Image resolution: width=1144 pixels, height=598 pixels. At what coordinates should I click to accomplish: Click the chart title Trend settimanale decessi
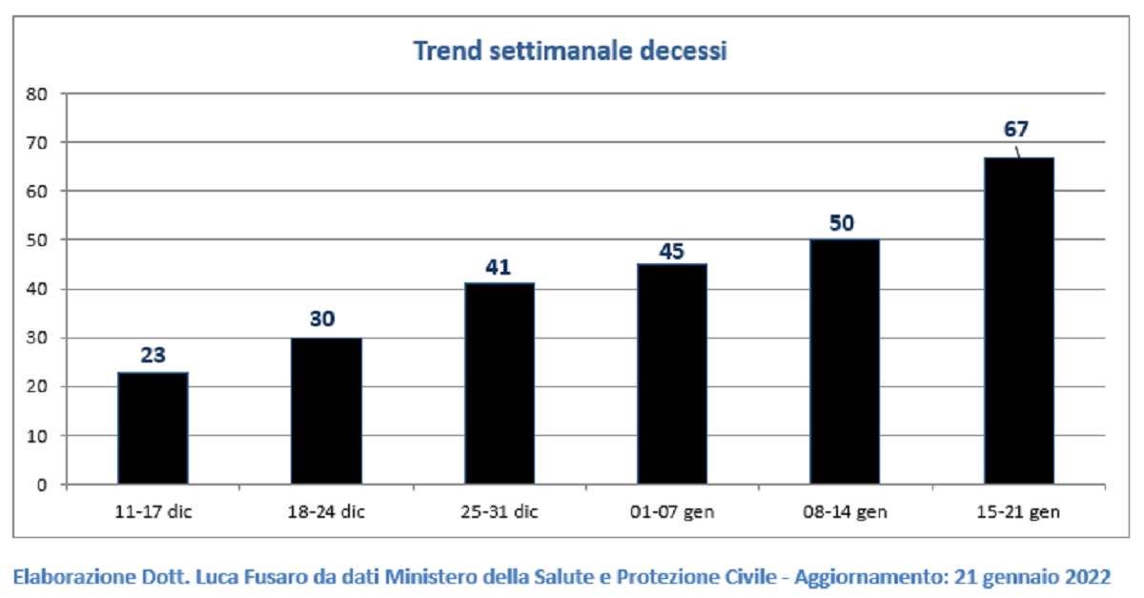(x=570, y=52)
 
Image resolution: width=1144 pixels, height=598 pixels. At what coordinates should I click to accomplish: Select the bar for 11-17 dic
(x=153, y=428)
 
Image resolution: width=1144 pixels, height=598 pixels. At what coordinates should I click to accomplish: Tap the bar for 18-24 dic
(x=326, y=411)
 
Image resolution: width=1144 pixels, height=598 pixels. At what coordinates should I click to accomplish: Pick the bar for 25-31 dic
(x=500, y=383)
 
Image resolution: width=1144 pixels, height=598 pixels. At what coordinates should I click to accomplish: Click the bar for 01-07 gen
(x=672, y=374)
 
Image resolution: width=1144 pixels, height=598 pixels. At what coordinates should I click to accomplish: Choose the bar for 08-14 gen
(x=845, y=361)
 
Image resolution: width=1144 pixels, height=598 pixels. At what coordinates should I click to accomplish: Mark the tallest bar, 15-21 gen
(x=1019, y=320)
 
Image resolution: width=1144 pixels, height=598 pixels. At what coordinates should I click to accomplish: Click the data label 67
(x=1016, y=129)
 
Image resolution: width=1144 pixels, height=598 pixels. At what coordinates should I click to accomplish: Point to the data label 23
(x=153, y=355)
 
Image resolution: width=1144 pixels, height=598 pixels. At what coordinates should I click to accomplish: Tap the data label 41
(x=498, y=267)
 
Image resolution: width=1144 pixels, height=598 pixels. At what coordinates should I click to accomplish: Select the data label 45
(x=671, y=251)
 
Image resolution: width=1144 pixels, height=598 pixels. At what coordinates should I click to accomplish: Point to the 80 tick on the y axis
(x=37, y=94)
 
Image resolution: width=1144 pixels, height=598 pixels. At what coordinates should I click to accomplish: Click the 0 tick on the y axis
(x=42, y=485)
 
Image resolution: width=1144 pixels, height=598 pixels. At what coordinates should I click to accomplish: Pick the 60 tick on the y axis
(x=37, y=192)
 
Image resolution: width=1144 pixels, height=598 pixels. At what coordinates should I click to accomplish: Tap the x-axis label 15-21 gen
(x=1018, y=511)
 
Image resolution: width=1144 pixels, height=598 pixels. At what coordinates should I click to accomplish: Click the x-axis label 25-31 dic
(x=500, y=511)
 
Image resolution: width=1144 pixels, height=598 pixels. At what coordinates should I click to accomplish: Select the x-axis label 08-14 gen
(x=845, y=511)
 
